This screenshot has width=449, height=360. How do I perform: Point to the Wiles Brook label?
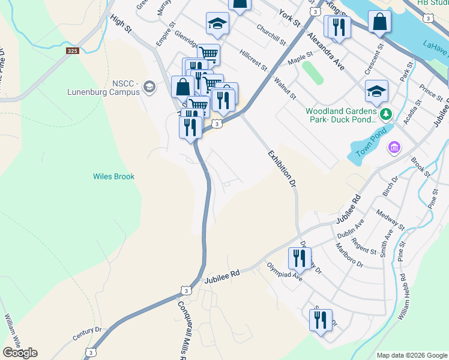tap(113, 176)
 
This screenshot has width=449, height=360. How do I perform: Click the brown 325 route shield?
tap(73, 51)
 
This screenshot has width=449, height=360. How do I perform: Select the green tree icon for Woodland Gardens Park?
tap(387, 113)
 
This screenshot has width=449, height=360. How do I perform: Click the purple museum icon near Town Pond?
tap(394, 147)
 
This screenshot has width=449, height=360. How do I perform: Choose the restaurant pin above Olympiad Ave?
tap(298, 257)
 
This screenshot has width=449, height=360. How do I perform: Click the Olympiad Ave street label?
tap(285, 272)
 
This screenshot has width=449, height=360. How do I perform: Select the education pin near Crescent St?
tap(376, 91)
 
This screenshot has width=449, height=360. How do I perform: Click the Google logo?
tap(20, 352)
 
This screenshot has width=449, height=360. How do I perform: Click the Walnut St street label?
tap(285, 88)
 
